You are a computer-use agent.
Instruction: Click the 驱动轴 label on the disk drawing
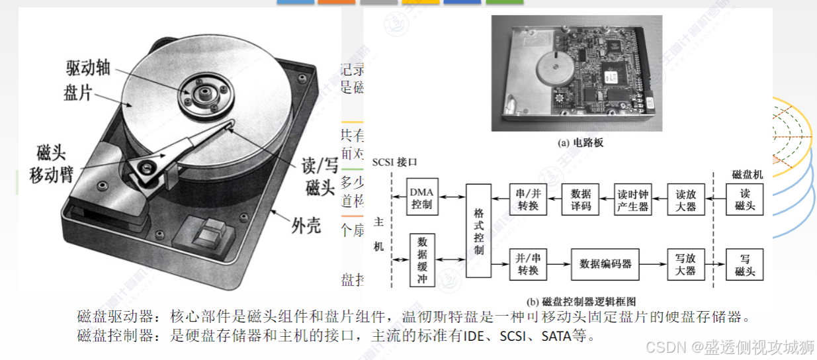(x=87, y=67)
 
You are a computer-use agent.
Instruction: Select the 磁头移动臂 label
(x=51, y=165)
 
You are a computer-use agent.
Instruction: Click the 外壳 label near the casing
(x=306, y=226)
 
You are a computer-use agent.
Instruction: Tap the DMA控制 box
(x=421, y=198)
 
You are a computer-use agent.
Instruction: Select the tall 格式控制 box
(x=479, y=231)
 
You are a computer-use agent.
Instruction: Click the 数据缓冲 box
(x=422, y=260)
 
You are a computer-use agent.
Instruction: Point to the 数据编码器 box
(x=605, y=263)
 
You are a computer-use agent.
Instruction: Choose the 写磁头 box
(x=744, y=264)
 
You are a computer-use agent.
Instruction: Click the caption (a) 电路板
(x=572, y=142)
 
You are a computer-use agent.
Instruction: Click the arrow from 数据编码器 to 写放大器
(x=653, y=263)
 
